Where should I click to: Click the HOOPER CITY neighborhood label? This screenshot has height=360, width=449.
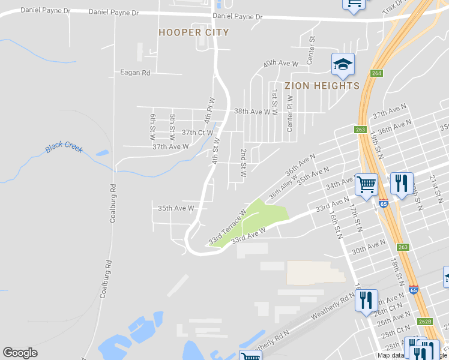click(x=193, y=32)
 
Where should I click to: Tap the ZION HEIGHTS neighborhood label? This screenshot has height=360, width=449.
click(x=322, y=86)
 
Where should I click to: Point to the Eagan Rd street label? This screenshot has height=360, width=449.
click(x=134, y=73)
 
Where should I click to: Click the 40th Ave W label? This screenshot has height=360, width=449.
click(x=281, y=63)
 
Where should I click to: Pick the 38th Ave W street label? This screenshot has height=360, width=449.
click(x=252, y=112)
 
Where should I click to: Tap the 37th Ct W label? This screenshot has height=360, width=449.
click(x=197, y=132)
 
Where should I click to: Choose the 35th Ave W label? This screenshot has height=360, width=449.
click(x=176, y=208)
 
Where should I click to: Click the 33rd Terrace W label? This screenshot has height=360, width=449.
click(x=228, y=227)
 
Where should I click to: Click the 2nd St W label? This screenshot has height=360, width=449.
click(x=244, y=163)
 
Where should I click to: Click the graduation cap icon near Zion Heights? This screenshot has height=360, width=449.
click(x=343, y=64)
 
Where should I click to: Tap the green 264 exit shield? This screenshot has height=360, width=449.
click(x=376, y=73)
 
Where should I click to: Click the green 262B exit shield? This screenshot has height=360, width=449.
click(x=424, y=321)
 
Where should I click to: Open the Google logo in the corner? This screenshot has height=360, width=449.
click(x=20, y=353)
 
